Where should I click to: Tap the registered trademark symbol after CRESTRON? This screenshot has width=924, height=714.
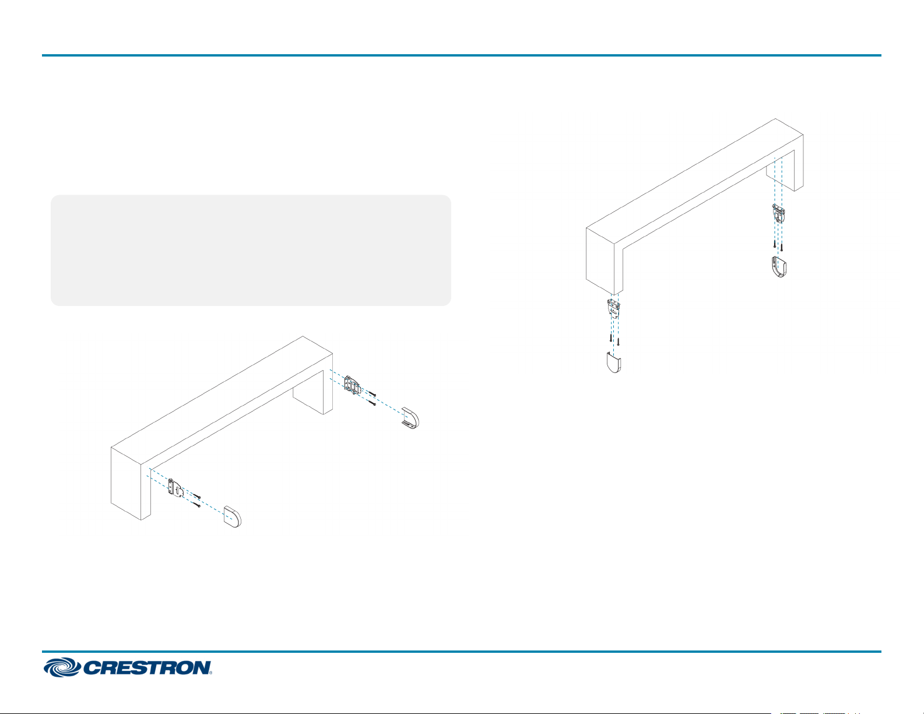point(210,673)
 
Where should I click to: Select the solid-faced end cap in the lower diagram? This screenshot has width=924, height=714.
point(232,517)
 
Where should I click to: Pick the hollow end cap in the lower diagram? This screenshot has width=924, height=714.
point(410,417)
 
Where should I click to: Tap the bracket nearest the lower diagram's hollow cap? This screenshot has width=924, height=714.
point(352,385)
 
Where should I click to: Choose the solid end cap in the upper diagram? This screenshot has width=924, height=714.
point(614,362)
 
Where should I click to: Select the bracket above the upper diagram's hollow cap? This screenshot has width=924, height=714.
point(778,214)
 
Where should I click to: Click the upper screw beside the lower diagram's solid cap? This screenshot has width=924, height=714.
point(196,496)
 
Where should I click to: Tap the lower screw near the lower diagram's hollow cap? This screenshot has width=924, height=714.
point(373,403)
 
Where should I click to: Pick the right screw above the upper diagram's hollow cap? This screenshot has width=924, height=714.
point(782,247)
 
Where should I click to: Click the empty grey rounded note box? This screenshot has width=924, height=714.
point(251,250)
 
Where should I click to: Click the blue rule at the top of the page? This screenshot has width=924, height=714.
point(461,55)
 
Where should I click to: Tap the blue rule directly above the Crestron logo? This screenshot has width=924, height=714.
point(461,651)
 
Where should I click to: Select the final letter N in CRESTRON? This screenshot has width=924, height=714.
point(201,667)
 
